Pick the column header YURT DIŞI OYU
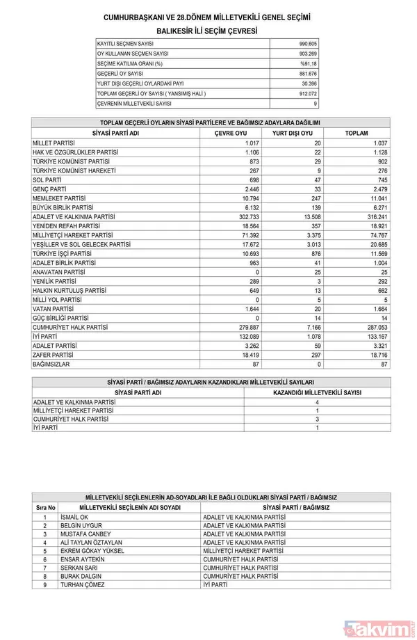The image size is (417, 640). click(291, 133)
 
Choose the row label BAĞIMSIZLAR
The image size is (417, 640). click(51, 364)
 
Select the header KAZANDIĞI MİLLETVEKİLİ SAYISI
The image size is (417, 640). click(317, 392)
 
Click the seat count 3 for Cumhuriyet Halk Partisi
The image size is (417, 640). click(317, 419)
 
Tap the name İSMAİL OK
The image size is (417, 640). click(75, 517)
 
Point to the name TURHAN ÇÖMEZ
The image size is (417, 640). click(83, 585)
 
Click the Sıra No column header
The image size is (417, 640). click(44, 508)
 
